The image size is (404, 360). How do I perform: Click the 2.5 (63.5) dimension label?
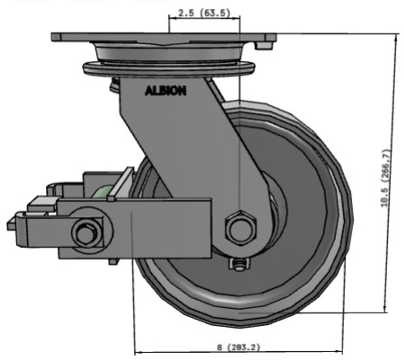point(204,13)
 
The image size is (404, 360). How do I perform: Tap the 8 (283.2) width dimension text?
point(238,347)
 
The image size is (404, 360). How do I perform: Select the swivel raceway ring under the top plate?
point(169,68)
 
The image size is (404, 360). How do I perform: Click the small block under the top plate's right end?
point(264,46)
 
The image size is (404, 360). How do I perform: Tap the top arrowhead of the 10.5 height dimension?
point(396,37)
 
